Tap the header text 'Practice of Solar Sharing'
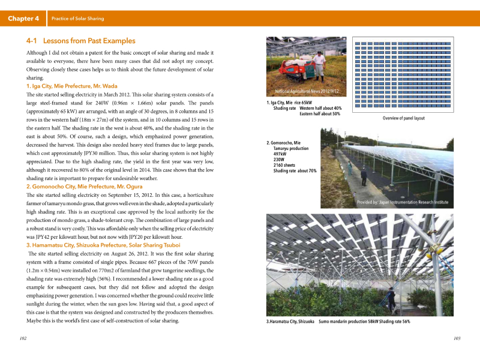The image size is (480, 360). point(78,19)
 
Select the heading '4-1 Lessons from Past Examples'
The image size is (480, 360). point(81,41)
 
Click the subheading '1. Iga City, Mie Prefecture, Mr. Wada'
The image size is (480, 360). point(72,86)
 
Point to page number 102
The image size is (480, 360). point(23,339)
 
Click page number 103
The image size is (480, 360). point(457,339)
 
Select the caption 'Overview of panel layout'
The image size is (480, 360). point(403,118)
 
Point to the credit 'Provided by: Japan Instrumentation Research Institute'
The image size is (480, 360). point(403,202)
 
